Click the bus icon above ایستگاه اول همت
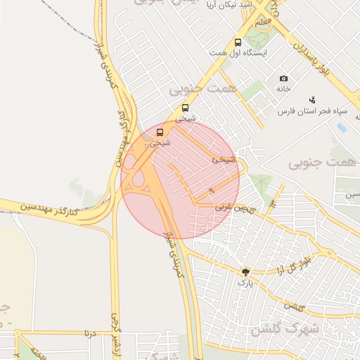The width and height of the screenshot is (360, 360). pos(238,42)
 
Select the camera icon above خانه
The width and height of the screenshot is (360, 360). pos(283,78)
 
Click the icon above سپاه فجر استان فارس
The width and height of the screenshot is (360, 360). pos(312,100)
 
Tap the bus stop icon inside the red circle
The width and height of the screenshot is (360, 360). pos(160,132)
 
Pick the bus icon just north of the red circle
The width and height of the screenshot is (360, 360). pos(185,108)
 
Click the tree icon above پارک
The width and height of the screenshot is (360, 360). pos(245,272)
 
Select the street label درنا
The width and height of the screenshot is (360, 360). pos(89,333)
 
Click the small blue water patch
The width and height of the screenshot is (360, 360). pos(342,128)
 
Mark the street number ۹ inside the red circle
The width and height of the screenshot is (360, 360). pos(212,191)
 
